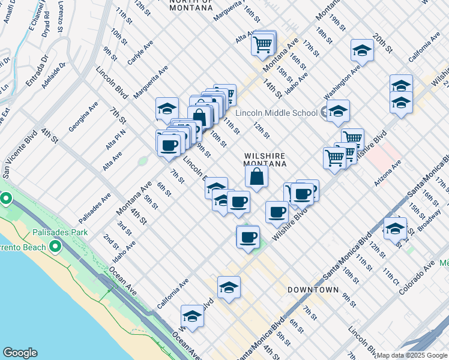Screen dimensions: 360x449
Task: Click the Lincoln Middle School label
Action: coord(276,113)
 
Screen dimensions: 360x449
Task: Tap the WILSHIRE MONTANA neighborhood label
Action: coord(264,159)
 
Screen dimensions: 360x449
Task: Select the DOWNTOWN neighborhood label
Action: coord(313,290)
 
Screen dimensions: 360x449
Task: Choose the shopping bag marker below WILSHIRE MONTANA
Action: coord(256,177)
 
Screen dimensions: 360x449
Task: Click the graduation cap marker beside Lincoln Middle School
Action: coord(338,111)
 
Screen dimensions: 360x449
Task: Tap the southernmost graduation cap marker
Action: coord(192,316)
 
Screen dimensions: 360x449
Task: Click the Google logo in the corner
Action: coord(20,353)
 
